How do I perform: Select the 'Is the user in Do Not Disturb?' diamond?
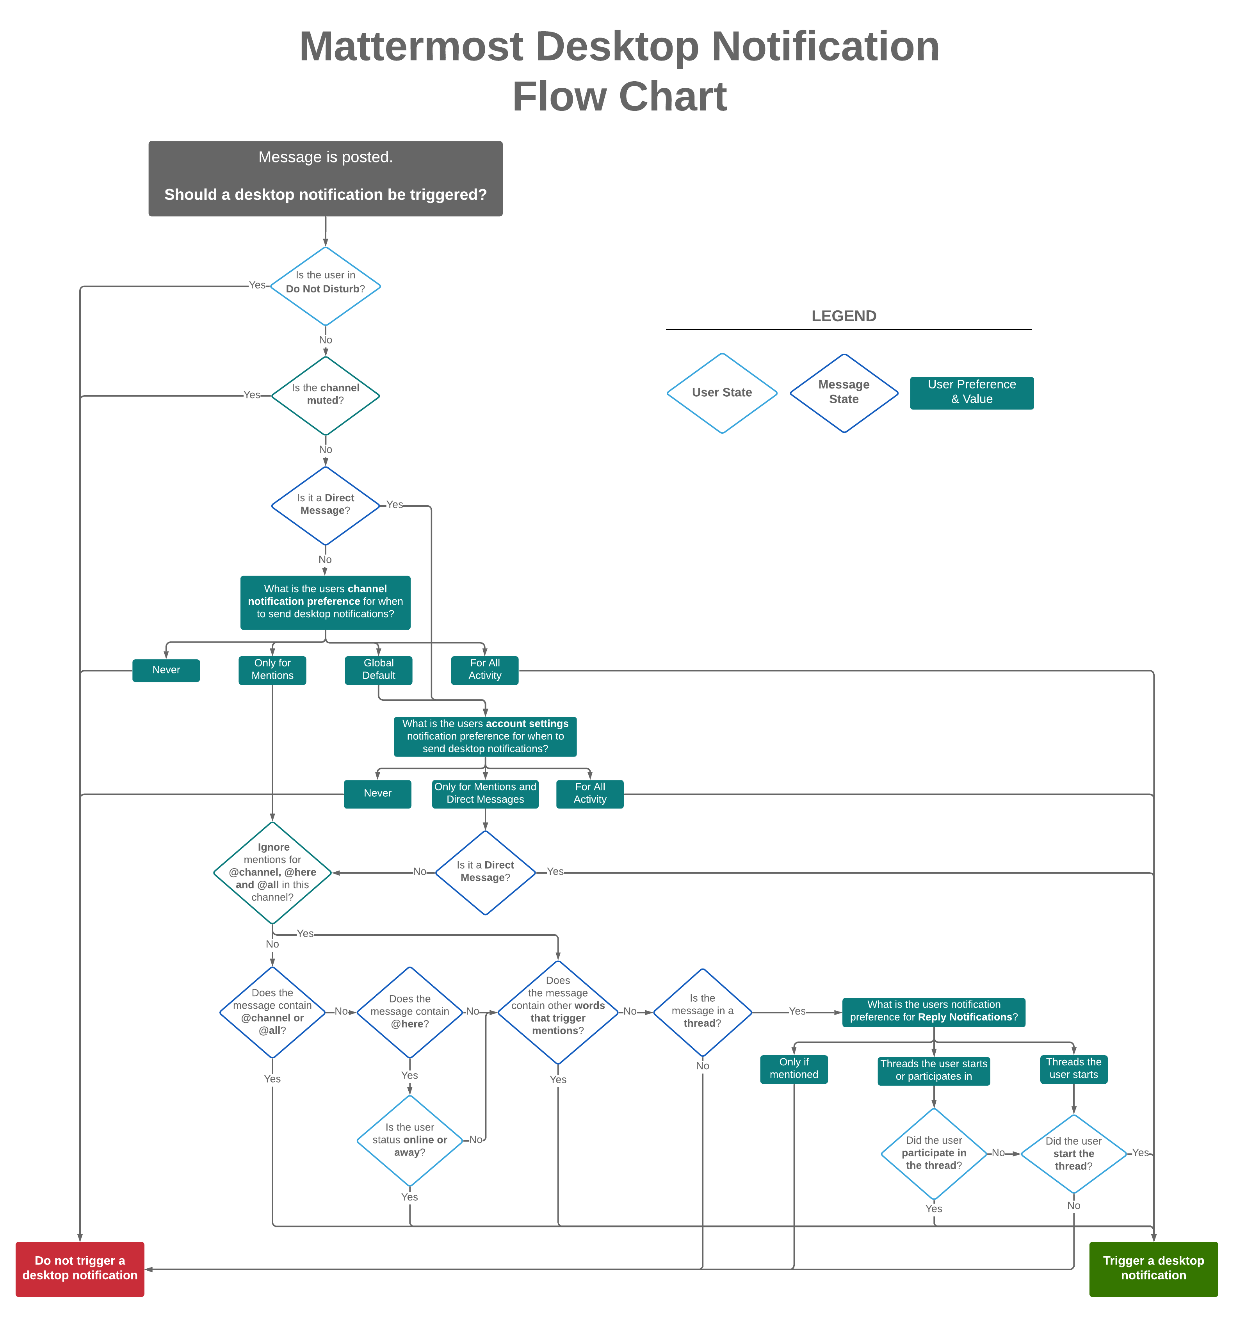point(326,286)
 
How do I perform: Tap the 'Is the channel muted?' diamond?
point(326,395)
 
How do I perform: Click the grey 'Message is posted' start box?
point(326,178)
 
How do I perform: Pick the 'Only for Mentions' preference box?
point(272,670)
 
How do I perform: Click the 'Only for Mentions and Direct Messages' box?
point(485,793)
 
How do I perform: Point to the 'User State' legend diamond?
point(722,393)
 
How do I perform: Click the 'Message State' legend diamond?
point(843,393)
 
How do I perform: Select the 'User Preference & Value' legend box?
point(972,393)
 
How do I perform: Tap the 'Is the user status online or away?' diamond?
point(410,1140)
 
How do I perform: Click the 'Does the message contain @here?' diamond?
point(410,1011)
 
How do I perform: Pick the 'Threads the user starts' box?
point(1073,1069)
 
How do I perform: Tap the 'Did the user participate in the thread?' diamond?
point(934,1153)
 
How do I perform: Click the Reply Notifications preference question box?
point(934,1011)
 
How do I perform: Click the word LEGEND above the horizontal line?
point(843,316)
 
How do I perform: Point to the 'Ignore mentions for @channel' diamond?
point(272,873)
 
